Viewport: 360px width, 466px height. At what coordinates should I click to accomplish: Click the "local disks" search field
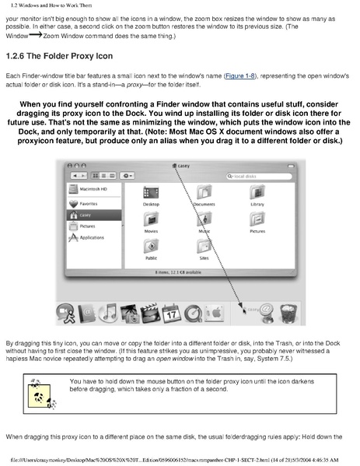[254, 176]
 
